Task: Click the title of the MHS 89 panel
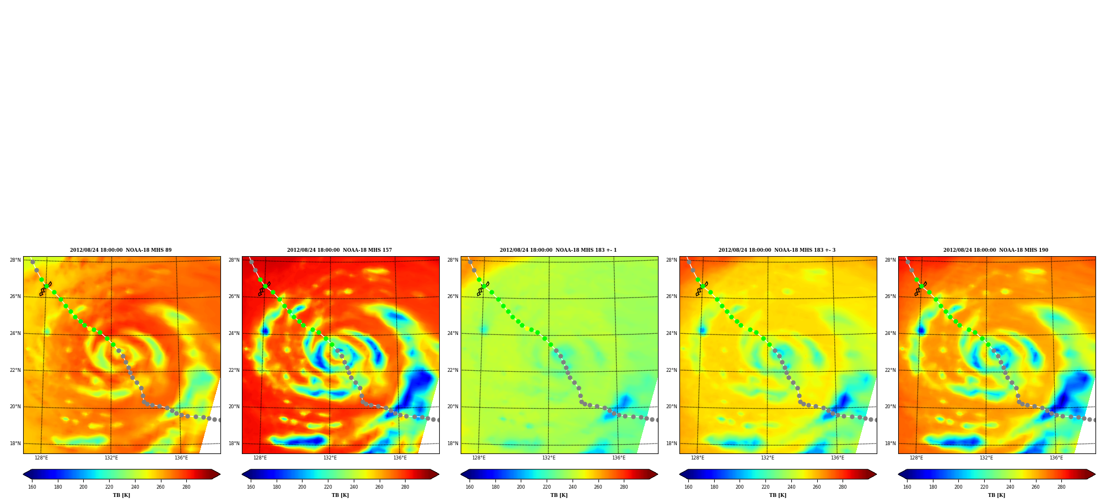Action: click(x=121, y=250)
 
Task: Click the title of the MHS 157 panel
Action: click(x=339, y=250)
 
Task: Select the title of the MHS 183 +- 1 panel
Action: click(x=558, y=250)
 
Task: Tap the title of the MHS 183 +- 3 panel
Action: click(x=777, y=250)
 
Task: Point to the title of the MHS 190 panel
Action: click(x=996, y=250)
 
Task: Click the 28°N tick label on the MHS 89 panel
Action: click(x=15, y=260)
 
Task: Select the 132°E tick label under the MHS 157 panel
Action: click(x=330, y=458)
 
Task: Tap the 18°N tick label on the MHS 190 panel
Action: click(x=890, y=443)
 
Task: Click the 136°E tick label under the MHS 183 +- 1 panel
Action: click(x=619, y=458)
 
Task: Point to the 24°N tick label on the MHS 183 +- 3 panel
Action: click(x=672, y=333)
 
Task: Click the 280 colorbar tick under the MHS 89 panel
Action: click(x=186, y=487)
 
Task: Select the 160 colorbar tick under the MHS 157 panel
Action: click(x=251, y=487)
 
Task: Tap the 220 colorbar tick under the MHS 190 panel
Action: click(x=984, y=487)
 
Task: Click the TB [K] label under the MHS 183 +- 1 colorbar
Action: click(x=559, y=495)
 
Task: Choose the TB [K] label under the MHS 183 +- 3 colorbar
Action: click(x=778, y=495)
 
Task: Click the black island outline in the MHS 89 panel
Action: click(x=45, y=289)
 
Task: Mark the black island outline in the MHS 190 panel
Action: click(x=920, y=289)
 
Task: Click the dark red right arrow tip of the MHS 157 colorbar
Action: click(x=438, y=474)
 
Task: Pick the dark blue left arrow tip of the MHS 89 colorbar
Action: click(x=24, y=474)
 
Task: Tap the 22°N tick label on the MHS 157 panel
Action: click(x=234, y=370)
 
